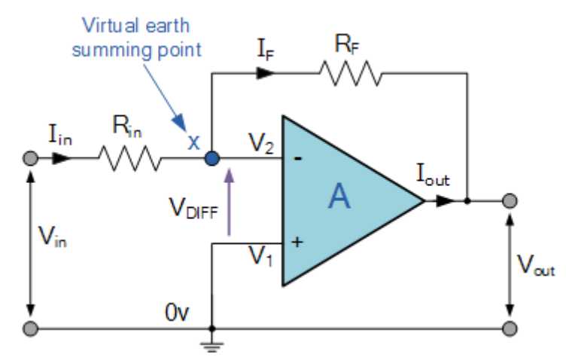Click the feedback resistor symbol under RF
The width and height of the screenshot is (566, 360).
click(350, 74)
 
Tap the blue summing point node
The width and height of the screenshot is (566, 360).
click(213, 159)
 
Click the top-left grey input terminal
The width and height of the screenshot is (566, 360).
click(30, 159)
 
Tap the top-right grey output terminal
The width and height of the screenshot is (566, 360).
click(510, 201)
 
